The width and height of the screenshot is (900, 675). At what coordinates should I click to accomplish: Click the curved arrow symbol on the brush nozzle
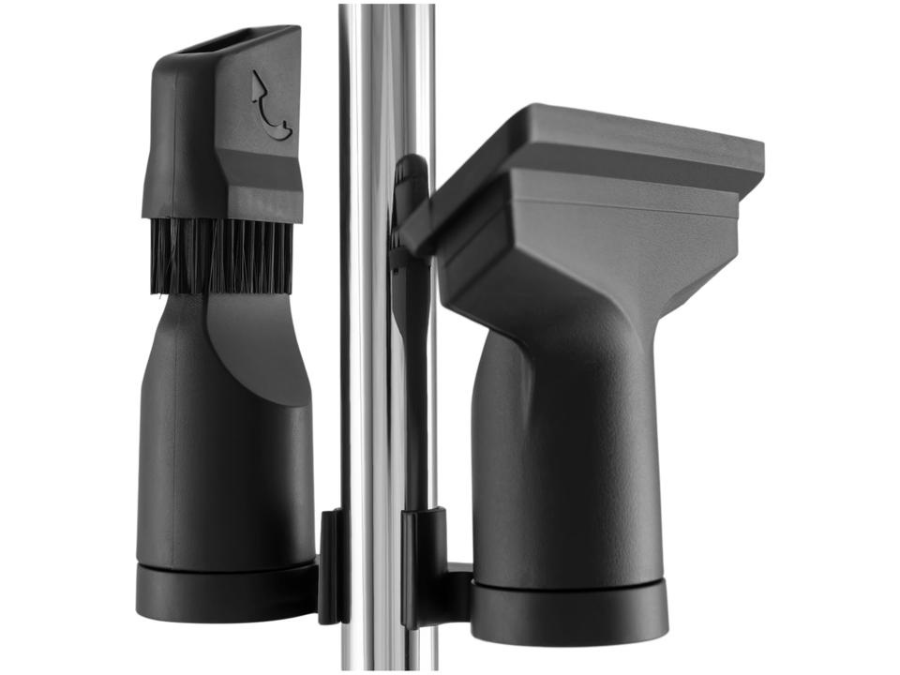tap(271, 105)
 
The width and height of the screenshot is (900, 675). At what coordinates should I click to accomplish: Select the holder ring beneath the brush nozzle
tap(225, 591)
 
